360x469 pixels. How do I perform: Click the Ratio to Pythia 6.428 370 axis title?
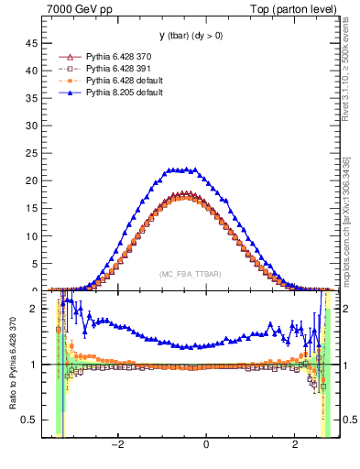14,366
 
